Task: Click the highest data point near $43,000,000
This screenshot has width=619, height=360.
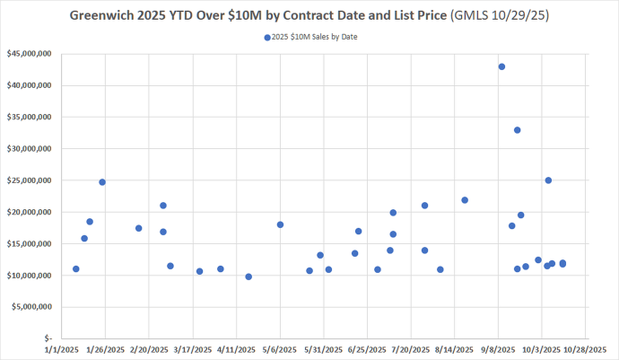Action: coord(501,66)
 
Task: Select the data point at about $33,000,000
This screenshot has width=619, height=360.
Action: coord(518,130)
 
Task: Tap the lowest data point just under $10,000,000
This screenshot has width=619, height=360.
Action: coord(248,277)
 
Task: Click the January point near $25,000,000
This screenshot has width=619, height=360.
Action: coord(102,182)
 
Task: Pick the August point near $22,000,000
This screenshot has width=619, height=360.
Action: coord(465,200)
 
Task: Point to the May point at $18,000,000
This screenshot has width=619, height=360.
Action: coord(281,224)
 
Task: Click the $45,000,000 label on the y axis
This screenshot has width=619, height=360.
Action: coord(28,54)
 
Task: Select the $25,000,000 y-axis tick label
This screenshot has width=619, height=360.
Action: coord(28,180)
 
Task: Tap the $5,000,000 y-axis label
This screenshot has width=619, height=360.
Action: coord(30,307)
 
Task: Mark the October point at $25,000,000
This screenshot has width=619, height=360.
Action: coord(548,180)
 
